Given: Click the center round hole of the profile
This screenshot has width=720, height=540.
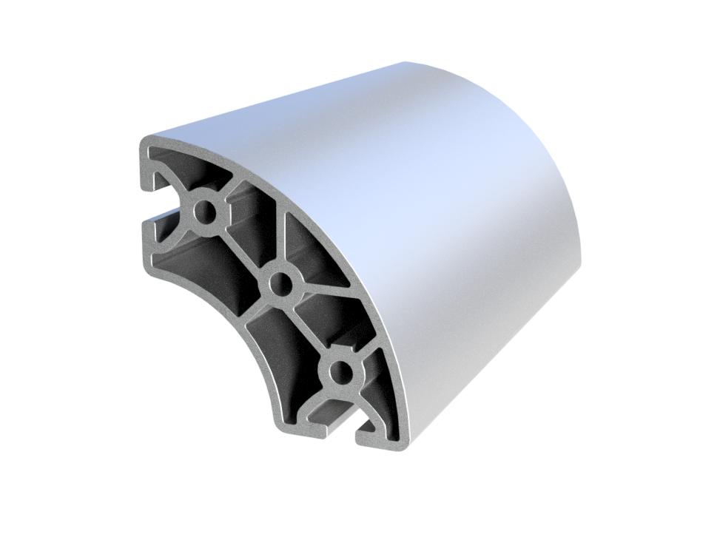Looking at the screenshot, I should [281, 282].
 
